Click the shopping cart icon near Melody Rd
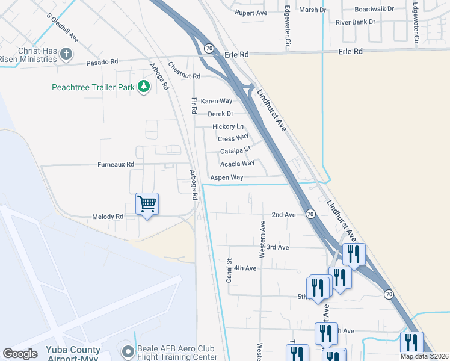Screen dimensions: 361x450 pos(147,204)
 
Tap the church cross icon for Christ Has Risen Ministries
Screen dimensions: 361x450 pos(66,54)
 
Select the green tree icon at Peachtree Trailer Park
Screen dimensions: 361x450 pos(144,87)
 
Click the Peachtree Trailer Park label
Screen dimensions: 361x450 pos(93,87)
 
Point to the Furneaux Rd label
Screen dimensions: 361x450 pos(116,164)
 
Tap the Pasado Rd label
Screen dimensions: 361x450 pos(102,62)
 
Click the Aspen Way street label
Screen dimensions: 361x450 pos(226,177)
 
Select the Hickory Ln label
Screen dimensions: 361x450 pos(228,127)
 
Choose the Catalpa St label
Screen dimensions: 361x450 pos(235,151)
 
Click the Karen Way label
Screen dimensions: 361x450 pos(216,101)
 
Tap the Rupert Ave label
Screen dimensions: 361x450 pos(250,12)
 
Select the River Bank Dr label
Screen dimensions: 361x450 pos(355,22)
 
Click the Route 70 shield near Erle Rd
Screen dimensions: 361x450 pos(209,47)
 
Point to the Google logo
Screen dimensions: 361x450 pos(20,353)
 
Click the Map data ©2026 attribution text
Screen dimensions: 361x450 pos(424,356)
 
